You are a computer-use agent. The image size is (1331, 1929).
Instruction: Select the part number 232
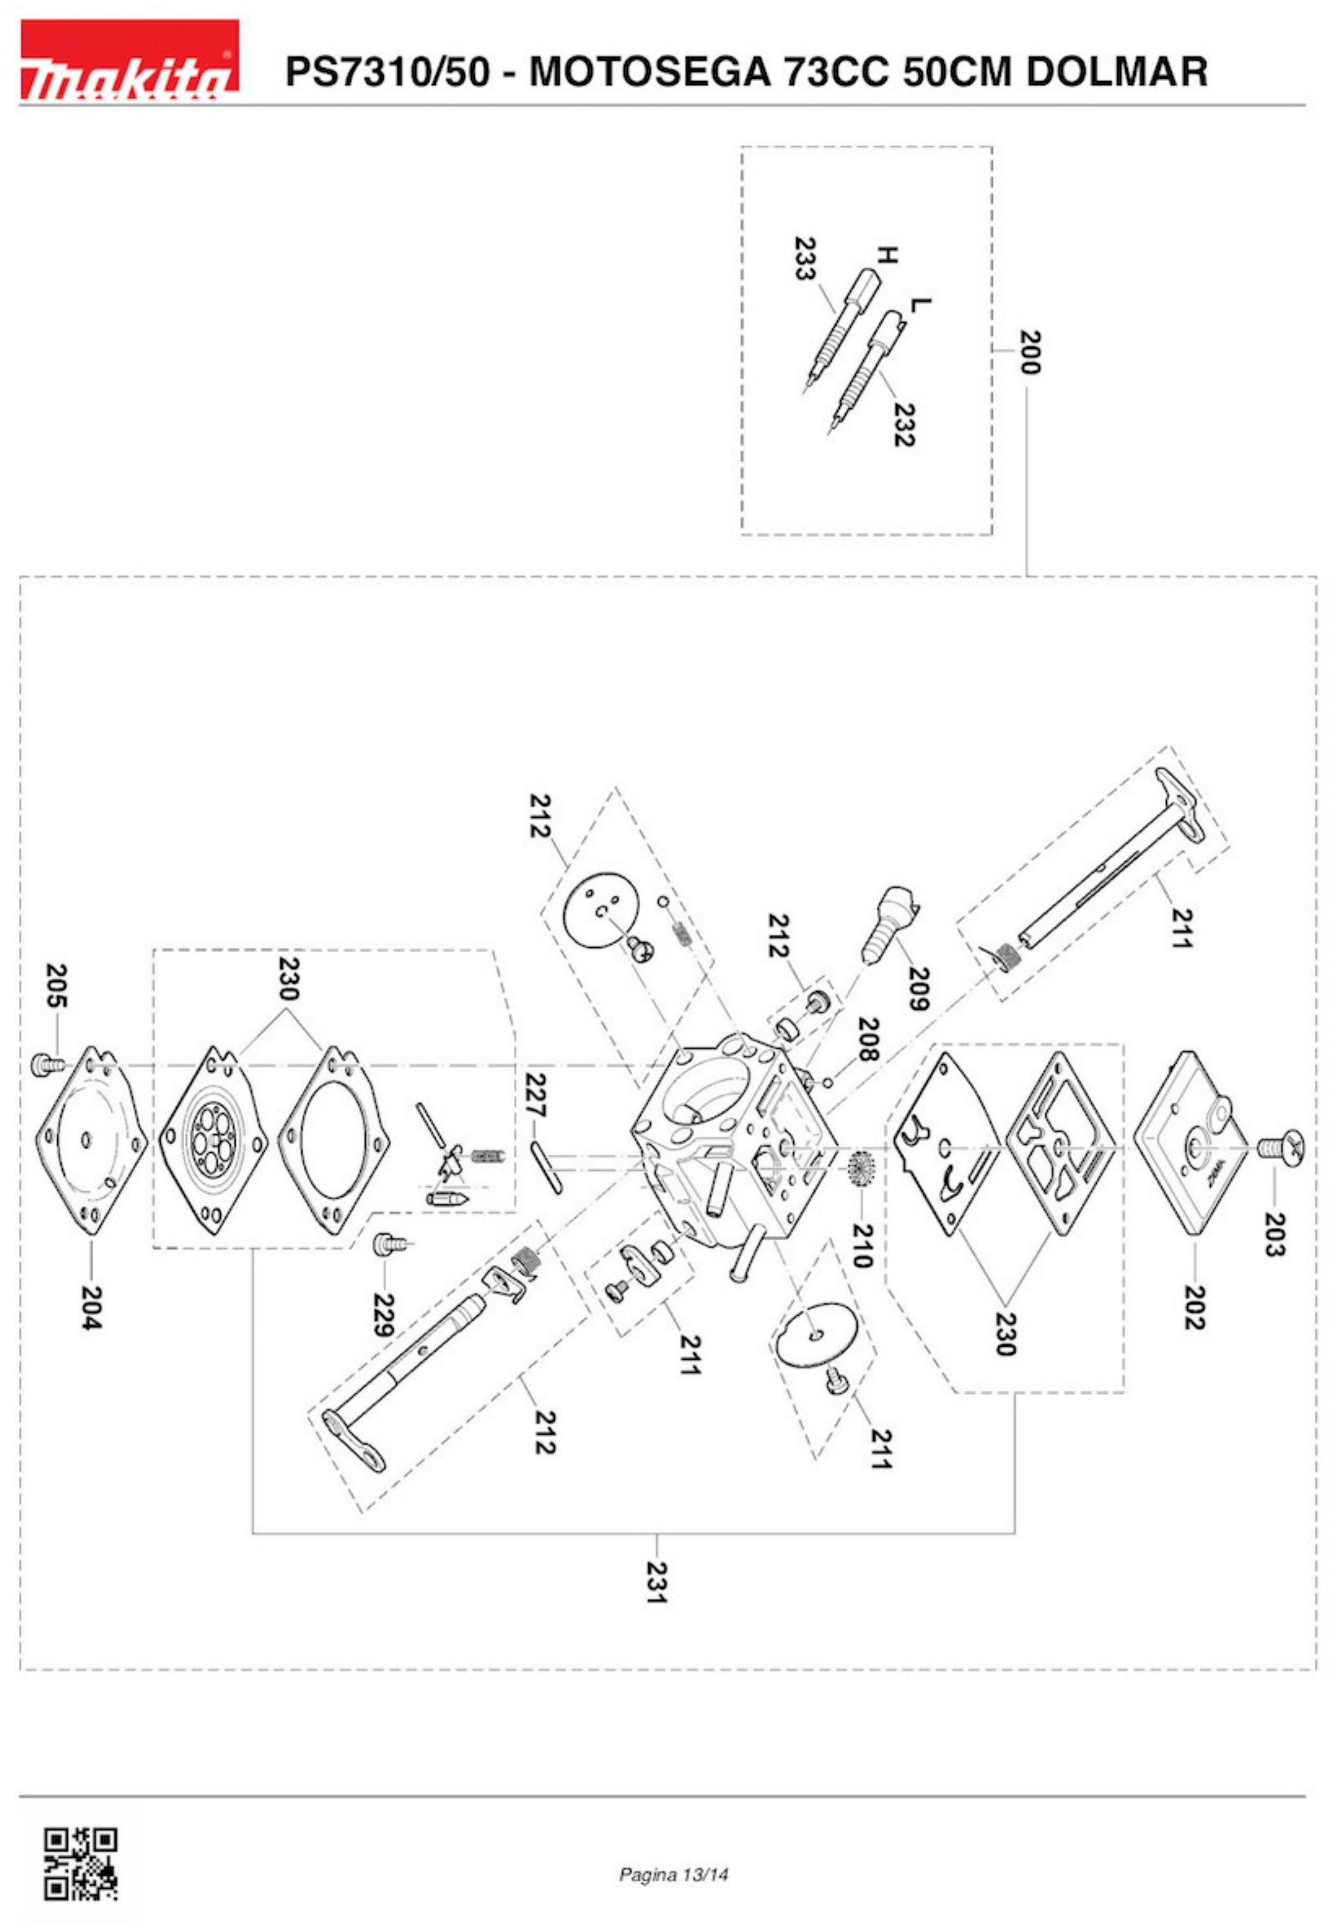tap(903, 425)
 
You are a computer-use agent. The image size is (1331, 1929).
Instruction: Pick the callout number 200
tap(1031, 353)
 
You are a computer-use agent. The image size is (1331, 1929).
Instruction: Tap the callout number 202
tap(1194, 1307)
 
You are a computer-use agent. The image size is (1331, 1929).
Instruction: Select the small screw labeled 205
tap(41, 1064)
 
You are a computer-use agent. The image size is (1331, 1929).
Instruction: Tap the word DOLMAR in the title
tap(1117, 72)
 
